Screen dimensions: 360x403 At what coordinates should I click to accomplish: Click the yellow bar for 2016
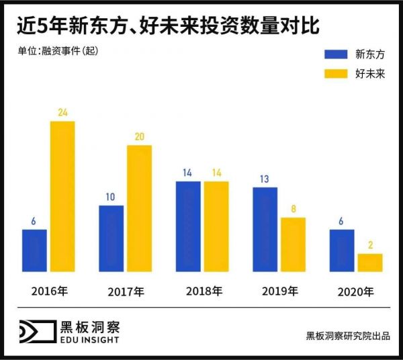click(x=62, y=197)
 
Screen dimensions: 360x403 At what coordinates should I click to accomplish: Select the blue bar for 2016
click(x=34, y=251)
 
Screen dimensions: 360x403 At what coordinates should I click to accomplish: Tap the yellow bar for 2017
click(x=140, y=208)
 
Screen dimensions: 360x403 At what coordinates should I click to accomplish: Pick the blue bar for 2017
click(x=111, y=238)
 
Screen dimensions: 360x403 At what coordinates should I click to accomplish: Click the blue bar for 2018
click(x=188, y=226)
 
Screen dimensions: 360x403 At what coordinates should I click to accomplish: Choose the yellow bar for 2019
click(x=294, y=244)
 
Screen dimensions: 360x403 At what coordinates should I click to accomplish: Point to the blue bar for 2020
click(x=342, y=251)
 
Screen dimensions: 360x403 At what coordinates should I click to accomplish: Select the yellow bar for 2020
click(x=370, y=263)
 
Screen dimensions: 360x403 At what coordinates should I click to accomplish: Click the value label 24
click(x=62, y=113)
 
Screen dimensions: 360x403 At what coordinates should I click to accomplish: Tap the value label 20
click(x=140, y=137)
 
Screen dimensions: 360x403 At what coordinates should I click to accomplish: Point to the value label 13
click(x=265, y=179)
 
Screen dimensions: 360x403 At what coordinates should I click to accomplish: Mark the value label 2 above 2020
click(x=371, y=245)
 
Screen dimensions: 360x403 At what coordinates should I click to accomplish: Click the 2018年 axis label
click(x=203, y=291)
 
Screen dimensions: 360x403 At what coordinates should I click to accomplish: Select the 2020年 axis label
click(x=356, y=291)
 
